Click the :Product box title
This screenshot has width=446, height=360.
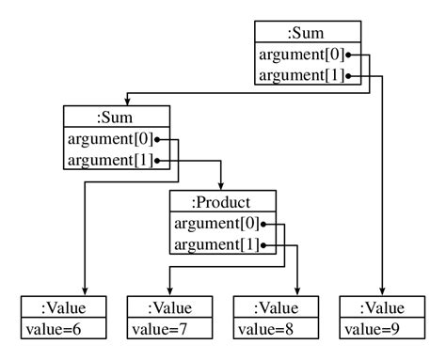pyautogui.click(x=223, y=202)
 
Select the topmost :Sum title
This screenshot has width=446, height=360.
pyautogui.click(x=308, y=33)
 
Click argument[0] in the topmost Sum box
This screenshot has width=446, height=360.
pyautogui.click(x=299, y=55)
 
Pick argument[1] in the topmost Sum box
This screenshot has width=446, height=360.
pyautogui.click(x=299, y=75)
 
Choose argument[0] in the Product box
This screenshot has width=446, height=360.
pyautogui.click(x=216, y=224)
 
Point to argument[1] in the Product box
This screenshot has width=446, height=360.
pyautogui.click(x=216, y=245)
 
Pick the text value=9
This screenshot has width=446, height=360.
pyautogui.click(x=374, y=329)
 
